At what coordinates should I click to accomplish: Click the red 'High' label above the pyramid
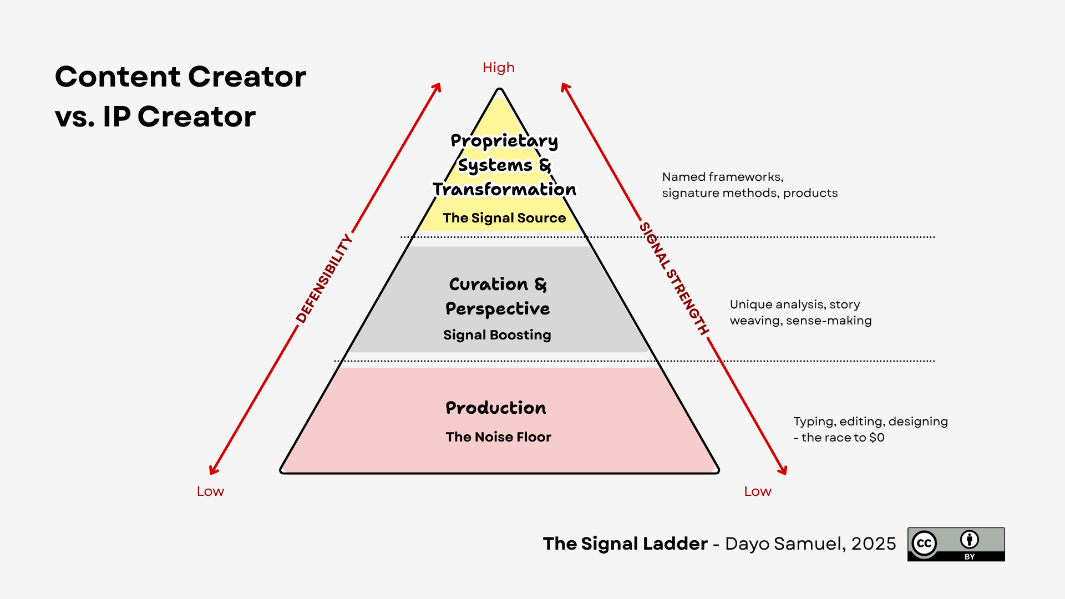point(498,68)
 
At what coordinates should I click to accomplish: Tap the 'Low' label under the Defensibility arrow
point(210,491)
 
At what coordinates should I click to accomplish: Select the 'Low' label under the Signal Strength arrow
point(757,491)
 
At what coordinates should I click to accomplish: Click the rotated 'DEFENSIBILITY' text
point(324,278)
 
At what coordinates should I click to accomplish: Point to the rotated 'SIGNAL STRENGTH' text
point(674,278)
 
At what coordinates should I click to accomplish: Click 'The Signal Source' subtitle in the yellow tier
point(504,218)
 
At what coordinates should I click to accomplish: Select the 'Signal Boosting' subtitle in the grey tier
point(497,335)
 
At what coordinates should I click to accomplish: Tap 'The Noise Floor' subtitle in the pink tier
point(498,437)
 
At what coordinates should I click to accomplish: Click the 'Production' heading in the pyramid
point(496,408)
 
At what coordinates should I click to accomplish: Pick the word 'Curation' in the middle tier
point(489,285)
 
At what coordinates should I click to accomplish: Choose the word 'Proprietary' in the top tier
point(504,141)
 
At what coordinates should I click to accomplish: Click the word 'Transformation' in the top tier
point(504,190)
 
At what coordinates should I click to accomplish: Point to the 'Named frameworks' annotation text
point(722,177)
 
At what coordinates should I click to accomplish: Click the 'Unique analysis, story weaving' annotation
point(795,304)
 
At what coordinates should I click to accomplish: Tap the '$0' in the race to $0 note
point(877,438)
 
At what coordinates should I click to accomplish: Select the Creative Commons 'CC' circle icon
point(924,544)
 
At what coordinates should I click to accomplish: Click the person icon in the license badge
point(970,540)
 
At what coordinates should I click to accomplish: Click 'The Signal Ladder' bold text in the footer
point(625,544)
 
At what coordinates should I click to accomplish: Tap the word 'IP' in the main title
point(116,116)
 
